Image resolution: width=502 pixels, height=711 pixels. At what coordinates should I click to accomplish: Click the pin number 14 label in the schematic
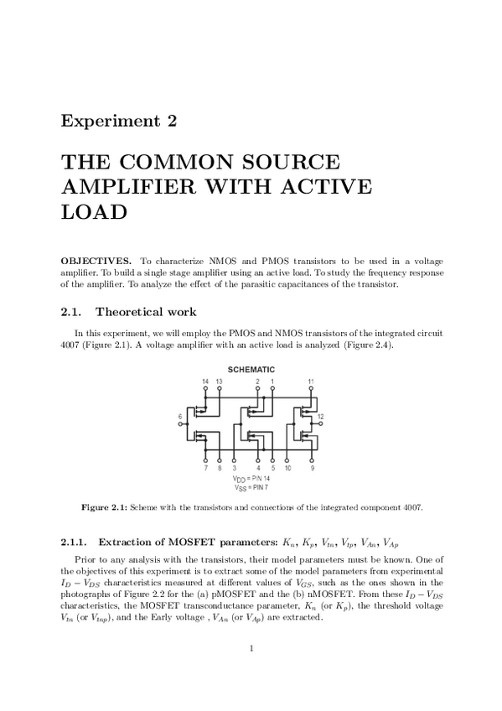[x=205, y=381]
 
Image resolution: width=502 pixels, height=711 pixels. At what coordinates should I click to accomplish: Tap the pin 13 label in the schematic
[x=219, y=381]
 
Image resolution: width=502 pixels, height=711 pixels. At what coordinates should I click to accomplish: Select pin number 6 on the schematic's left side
[x=179, y=416]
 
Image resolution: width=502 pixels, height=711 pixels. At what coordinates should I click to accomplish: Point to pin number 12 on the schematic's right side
[x=321, y=417]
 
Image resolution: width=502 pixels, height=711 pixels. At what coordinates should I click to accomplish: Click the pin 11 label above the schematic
[x=311, y=381]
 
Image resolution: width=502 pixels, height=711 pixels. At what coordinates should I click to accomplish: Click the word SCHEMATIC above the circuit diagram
[x=251, y=370]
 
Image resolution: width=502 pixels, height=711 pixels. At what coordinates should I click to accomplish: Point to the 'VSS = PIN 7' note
[x=252, y=487]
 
